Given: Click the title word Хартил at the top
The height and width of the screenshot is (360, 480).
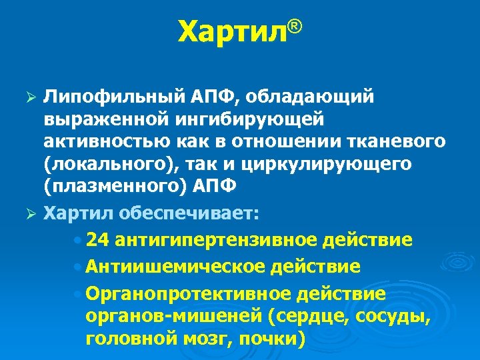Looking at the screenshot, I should [232, 32].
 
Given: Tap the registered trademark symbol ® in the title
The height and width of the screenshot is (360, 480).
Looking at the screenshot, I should [295, 27].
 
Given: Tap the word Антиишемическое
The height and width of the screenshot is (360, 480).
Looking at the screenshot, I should [176, 267].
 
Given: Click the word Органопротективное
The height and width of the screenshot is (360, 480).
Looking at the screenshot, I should [193, 294].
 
